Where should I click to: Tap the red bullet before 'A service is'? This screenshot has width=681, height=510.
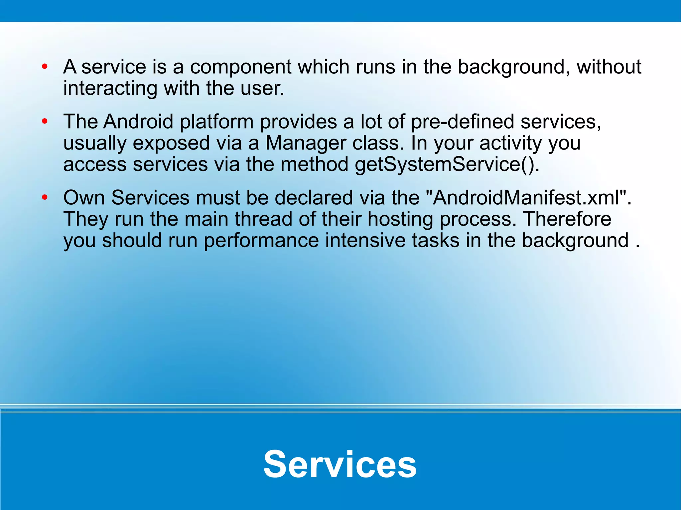pos(45,67)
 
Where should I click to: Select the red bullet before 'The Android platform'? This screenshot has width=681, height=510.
pos(45,122)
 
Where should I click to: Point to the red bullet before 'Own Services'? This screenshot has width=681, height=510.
pos(45,198)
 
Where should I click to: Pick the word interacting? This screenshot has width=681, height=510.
pos(110,89)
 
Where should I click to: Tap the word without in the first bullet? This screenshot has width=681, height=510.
pos(609,67)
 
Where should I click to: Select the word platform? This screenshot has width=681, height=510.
pos(216,122)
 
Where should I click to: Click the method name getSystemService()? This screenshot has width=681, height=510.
pos(447,165)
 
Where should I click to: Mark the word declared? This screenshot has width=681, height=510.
pos(314,198)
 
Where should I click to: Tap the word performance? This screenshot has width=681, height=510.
pos(261,241)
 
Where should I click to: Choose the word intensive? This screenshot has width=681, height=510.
pos(365,241)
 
